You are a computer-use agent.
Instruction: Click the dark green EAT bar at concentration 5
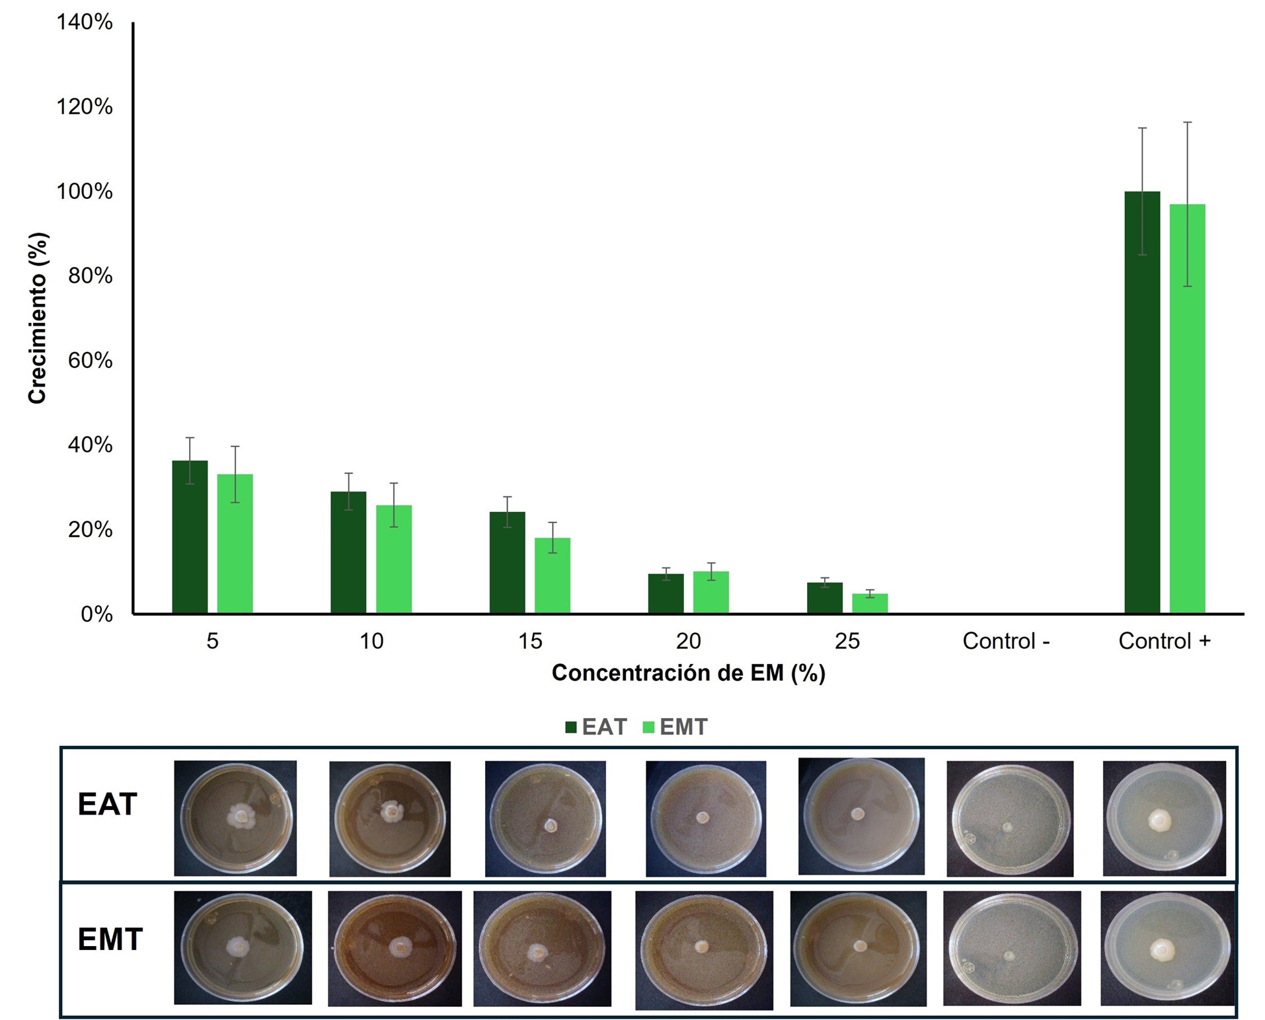pos(190,537)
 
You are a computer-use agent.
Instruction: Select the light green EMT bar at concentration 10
pos(394,560)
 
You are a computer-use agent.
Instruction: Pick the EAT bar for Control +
pos(1142,402)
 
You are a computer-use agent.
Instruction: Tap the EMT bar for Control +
pos(1188,409)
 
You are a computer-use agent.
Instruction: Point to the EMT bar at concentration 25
pos(870,604)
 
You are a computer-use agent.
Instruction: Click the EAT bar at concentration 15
pos(508,563)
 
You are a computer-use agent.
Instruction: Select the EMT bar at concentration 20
pos(711,593)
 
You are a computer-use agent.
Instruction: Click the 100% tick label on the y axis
pos(85,192)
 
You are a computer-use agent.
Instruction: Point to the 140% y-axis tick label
pos(85,22)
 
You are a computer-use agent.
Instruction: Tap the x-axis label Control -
pos(1006,641)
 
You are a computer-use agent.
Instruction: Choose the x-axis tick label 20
pos(688,641)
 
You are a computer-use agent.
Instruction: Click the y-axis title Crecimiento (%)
pos(37,318)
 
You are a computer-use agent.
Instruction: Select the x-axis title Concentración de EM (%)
pos(688,673)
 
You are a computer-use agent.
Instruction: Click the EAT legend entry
pos(596,727)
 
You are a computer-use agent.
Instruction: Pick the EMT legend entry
pos(675,727)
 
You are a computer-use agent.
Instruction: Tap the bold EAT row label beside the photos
pos(107,804)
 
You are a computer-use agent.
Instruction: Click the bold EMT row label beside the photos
pos(110,939)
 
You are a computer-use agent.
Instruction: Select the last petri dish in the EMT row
pos(1167,948)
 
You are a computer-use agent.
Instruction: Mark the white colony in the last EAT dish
pos(1159,821)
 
